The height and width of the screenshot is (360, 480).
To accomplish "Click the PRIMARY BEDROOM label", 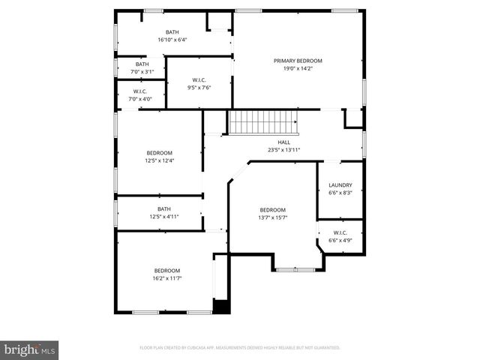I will point(298,61).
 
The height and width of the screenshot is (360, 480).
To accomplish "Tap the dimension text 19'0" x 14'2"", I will point(298,68).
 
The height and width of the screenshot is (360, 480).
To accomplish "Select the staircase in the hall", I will point(263,122).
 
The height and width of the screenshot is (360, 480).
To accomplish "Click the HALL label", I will point(284,142).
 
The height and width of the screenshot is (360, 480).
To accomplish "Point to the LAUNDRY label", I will point(340,185).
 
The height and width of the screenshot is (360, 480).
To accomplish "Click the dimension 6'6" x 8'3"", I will point(340,193).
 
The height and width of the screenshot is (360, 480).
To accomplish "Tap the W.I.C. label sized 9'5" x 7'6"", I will point(199,79).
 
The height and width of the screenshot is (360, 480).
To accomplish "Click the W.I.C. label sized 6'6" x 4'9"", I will point(340,233).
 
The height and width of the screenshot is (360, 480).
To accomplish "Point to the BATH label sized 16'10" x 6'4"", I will point(172,32).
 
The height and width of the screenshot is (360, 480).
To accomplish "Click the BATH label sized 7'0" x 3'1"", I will point(142,64).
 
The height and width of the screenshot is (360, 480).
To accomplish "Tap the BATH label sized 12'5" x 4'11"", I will point(163,209).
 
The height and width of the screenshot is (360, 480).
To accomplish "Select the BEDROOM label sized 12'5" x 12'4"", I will point(159,153).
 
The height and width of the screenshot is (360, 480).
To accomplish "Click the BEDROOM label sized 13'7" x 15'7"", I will point(272,210).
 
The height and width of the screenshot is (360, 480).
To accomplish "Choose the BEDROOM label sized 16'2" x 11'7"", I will point(167,271).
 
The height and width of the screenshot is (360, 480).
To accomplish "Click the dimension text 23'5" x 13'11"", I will point(284,149).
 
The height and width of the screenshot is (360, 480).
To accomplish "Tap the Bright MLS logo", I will point(30,349).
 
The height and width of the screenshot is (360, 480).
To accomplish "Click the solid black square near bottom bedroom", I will point(220,306).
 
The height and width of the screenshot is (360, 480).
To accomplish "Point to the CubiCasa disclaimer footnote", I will point(240,348).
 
